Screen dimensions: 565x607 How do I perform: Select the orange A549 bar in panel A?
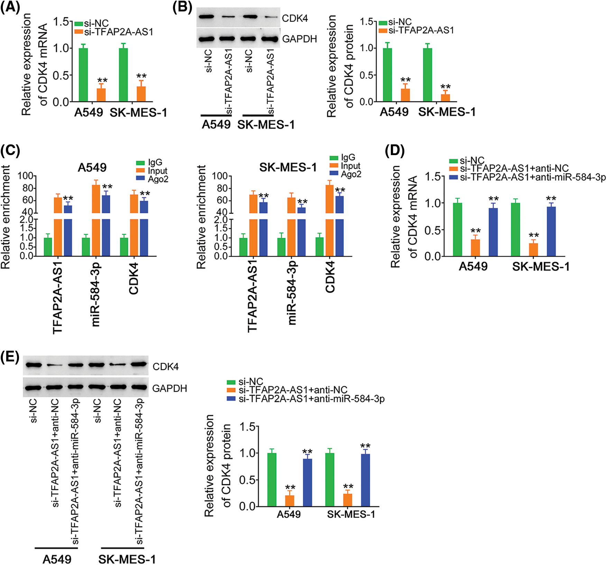(101, 95)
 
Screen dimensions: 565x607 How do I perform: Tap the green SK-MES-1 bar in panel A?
(123, 75)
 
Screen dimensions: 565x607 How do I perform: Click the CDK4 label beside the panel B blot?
(295, 18)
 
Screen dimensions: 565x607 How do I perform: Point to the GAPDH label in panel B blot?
(300, 39)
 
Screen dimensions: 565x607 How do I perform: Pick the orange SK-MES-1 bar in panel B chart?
(445, 98)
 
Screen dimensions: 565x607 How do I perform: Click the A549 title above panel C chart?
(92, 168)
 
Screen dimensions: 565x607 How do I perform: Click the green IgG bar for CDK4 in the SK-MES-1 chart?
(320, 247)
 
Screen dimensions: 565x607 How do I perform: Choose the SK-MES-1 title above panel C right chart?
(288, 168)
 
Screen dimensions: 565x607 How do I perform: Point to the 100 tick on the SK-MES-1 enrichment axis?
(220, 176)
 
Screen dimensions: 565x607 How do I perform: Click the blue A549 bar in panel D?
(493, 232)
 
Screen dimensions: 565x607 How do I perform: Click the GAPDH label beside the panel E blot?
(169, 388)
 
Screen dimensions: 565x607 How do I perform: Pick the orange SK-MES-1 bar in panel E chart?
(348, 500)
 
